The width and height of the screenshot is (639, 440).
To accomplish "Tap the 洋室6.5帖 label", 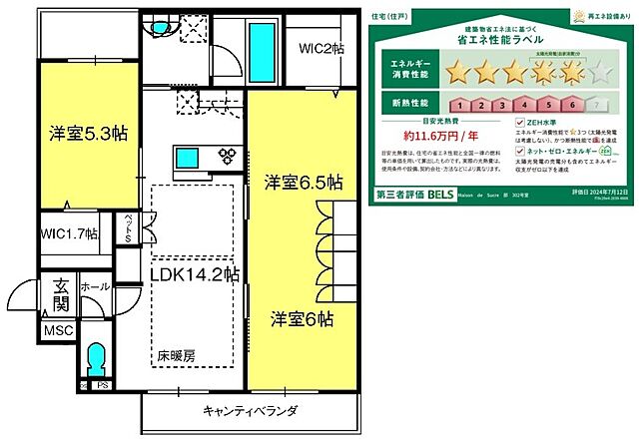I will [x=304, y=184].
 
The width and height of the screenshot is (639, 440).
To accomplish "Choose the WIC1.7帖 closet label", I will [x=70, y=234].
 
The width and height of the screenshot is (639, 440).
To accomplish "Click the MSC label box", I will [x=56, y=330].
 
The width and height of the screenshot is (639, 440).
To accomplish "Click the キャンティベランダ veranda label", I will [x=248, y=411].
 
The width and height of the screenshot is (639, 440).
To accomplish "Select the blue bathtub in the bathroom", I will [x=261, y=48].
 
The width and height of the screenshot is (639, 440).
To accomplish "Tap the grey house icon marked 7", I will [x=597, y=103].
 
